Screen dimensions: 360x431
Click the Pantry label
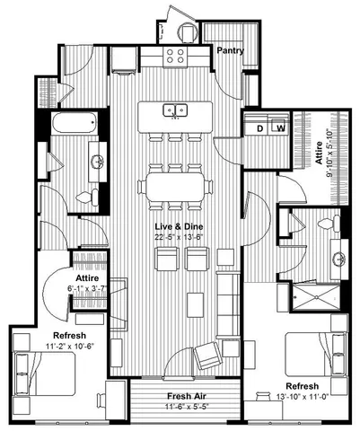230,50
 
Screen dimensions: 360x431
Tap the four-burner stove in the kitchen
175,56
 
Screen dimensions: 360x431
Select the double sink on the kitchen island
175,110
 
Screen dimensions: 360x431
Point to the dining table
175,187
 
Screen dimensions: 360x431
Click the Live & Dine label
179,226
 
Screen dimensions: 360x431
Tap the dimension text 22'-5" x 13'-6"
179,236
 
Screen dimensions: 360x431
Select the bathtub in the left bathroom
75,123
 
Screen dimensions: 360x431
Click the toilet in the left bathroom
87,198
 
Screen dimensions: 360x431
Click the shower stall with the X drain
316,296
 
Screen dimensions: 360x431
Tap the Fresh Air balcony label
186,396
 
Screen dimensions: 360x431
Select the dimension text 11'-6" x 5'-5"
187,407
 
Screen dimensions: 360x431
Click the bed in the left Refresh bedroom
44,374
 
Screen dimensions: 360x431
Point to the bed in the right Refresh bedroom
316,355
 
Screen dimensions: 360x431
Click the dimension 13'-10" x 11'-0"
303,397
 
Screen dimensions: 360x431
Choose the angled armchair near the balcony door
208,356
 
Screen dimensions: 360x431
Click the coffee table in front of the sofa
196,305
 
